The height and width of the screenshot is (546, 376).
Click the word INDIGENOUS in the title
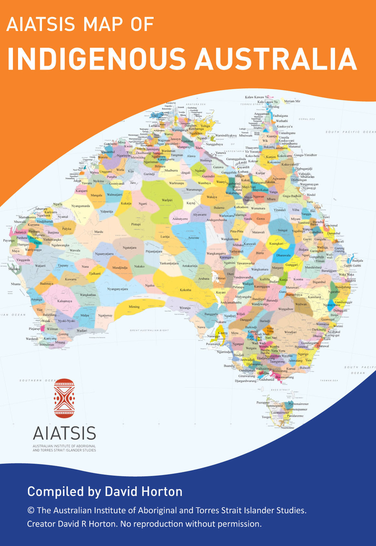tap(96, 59)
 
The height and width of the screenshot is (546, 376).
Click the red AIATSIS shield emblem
tap(64, 398)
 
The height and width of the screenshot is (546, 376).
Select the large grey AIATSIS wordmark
tap(64, 433)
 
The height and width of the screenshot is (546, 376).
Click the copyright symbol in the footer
tap(31, 511)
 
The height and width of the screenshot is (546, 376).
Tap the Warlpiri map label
tap(167, 200)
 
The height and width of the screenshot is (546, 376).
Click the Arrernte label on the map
tap(193, 238)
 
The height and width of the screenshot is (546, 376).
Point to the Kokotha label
tap(185, 290)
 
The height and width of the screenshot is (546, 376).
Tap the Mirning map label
tap(134, 307)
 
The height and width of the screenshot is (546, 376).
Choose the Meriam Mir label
tap(292, 101)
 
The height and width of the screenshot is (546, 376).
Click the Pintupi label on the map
tap(136, 225)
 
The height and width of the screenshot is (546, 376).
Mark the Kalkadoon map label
tap(241, 207)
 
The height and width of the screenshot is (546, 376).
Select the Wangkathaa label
tap(88, 294)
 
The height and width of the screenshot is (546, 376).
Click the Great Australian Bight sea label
tap(149, 330)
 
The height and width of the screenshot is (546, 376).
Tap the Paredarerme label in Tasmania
tap(295, 416)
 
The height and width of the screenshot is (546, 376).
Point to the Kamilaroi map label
tap(314, 297)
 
